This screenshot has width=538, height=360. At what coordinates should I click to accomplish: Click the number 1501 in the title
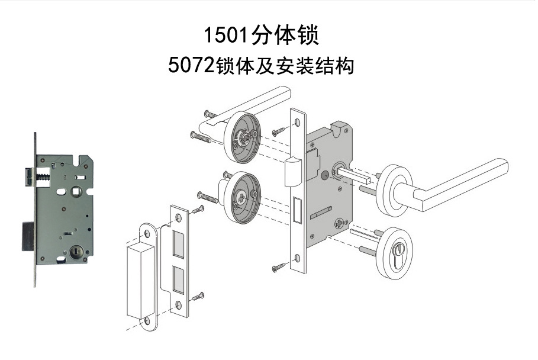(x=227, y=36)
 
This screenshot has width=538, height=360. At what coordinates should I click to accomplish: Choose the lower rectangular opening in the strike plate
(x=176, y=277)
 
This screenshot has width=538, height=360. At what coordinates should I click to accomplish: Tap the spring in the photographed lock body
(x=44, y=176)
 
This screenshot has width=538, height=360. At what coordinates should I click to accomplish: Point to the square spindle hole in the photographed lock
(x=78, y=191)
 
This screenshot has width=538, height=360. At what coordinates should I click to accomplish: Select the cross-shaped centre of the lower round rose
(x=241, y=197)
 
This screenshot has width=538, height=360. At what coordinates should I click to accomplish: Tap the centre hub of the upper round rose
(x=243, y=137)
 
